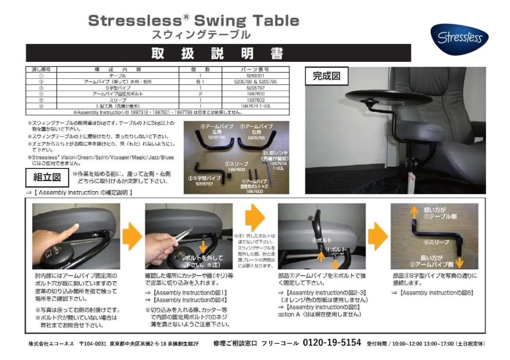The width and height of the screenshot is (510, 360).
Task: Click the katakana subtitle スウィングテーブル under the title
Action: tap(201, 34)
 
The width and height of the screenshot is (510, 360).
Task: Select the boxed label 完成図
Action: tap(326, 75)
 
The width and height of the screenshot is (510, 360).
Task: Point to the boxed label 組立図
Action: tap(47, 178)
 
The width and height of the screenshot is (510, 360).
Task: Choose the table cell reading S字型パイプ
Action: tap(118, 88)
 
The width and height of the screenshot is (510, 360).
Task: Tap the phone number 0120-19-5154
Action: tap(331, 343)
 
